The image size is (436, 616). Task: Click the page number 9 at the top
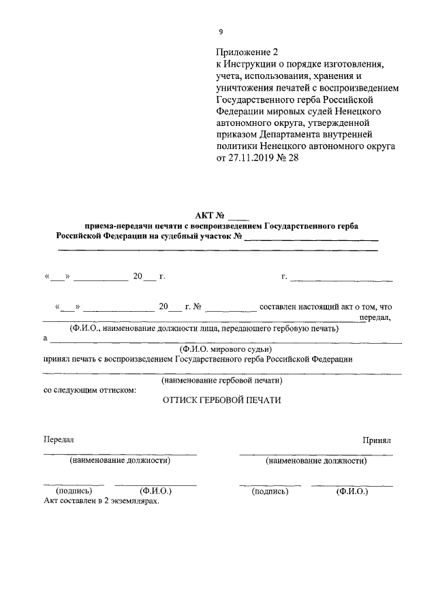220,32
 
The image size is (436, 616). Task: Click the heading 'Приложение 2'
247,52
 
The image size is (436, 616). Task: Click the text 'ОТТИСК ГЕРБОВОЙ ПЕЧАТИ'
221,401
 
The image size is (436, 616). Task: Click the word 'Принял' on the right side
377,441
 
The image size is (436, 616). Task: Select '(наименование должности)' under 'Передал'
120,460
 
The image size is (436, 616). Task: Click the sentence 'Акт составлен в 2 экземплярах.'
101,500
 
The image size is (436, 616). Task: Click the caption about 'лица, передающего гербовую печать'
202,329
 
